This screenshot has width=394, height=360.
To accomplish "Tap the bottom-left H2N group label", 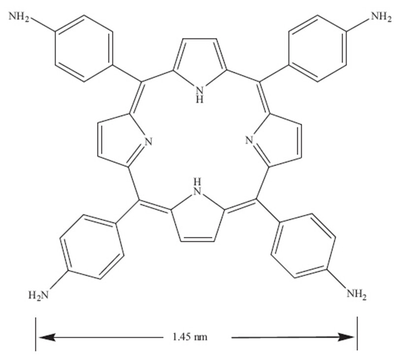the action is tap(39, 295).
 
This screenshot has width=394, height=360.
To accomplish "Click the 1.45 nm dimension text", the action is tap(190, 337).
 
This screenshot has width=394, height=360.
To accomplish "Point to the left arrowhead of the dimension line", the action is tap(45, 337).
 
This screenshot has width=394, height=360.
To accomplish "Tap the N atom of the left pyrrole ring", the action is tap(150, 143).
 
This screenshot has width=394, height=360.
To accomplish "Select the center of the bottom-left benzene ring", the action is tap(91, 246).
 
